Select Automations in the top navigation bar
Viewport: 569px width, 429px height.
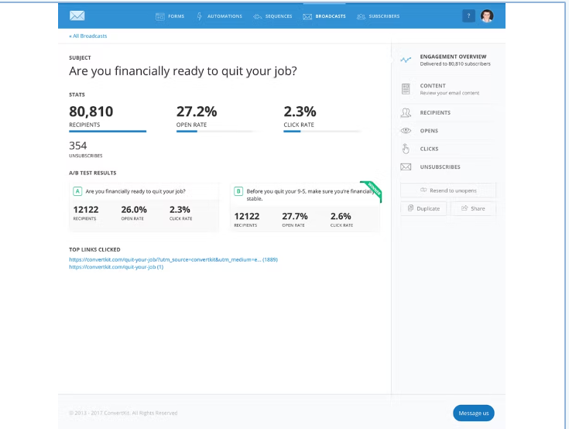(220, 16)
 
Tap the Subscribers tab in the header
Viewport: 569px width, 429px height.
(379, 16)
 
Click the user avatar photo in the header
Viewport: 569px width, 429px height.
(486, 16)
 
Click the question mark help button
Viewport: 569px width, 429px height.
(468, 16)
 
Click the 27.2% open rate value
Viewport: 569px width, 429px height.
(197, 111)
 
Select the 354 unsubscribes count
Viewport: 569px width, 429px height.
(78, 145)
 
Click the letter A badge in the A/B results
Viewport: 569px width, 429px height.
(77, 190)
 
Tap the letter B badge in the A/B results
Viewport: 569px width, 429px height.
(238, 190)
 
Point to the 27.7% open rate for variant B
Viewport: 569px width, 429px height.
(295, 216)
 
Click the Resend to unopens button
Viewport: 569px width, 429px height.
(448, 190)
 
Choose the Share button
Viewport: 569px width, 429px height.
(473, 208)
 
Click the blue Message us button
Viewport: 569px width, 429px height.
(473, 413)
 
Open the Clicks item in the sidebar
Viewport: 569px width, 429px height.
(429, 149)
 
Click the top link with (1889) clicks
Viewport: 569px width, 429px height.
(173, 259)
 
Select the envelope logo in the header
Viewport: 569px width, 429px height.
(77, 16)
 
